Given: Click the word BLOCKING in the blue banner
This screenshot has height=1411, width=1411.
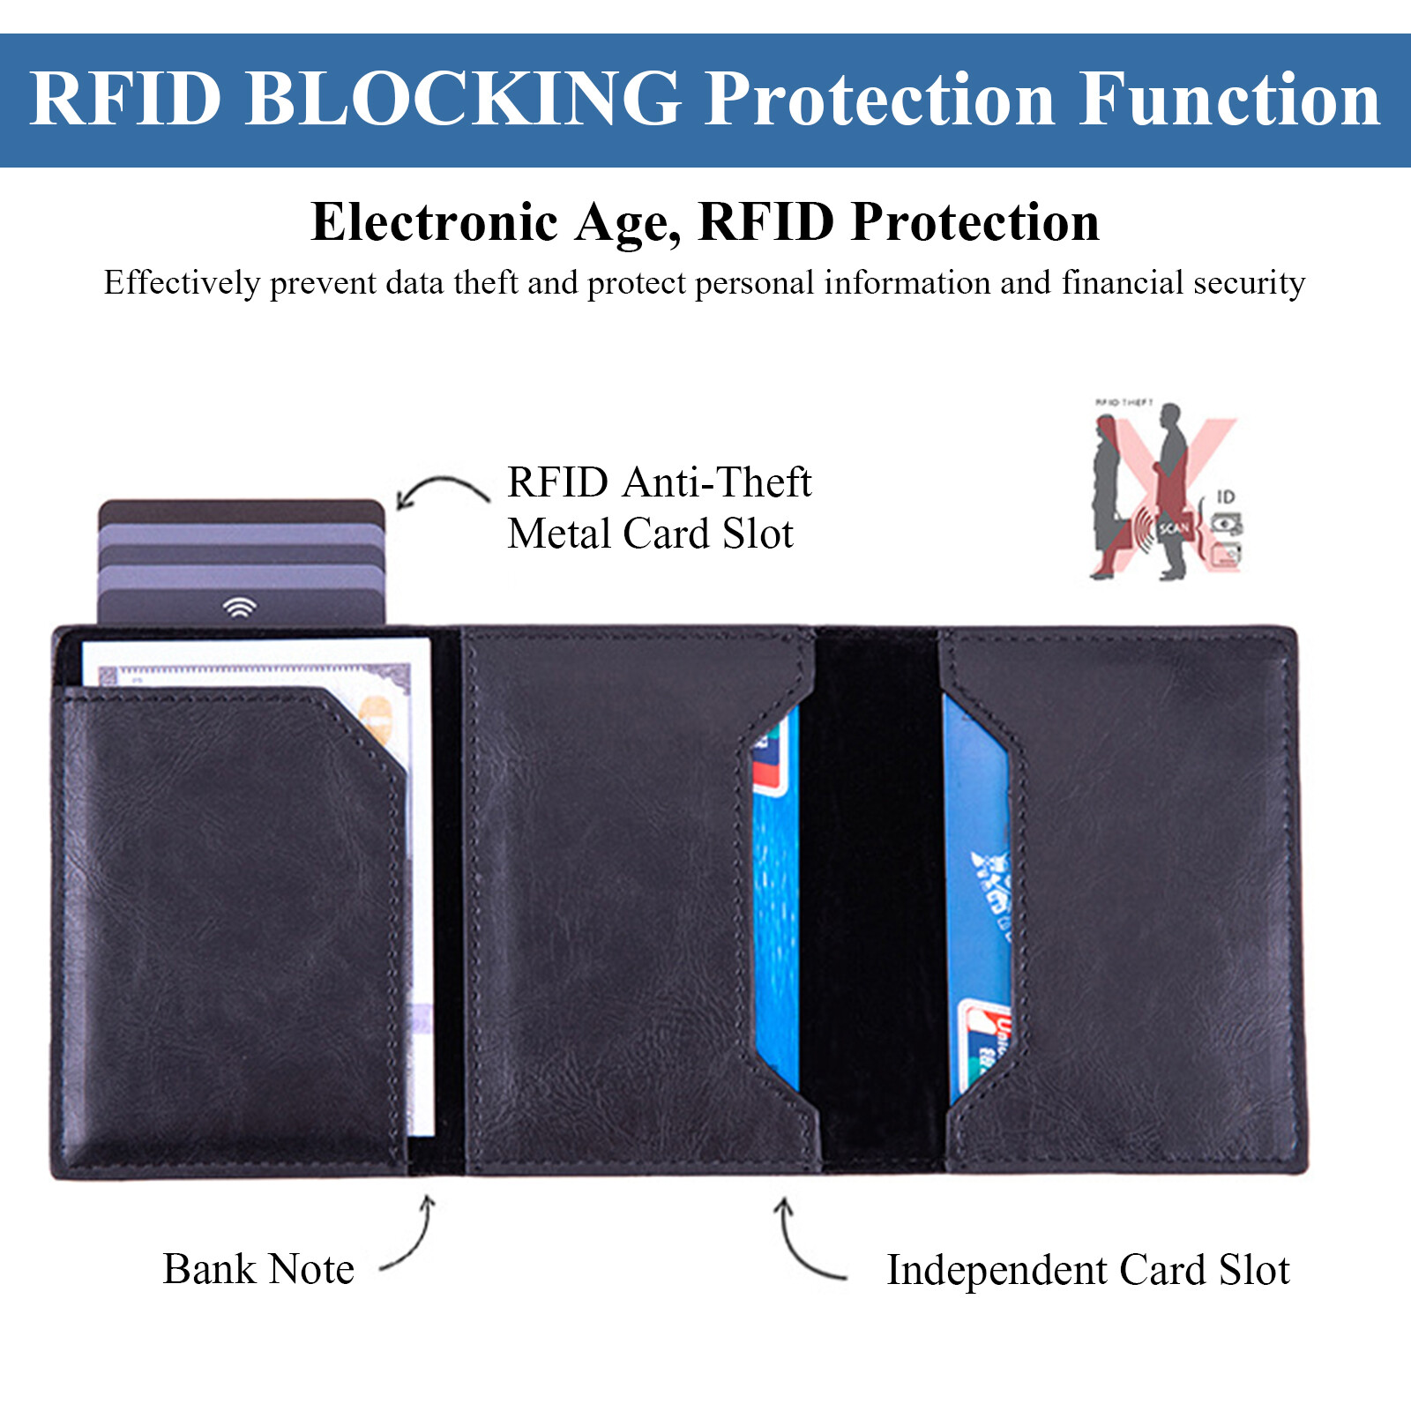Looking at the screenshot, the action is pos(462,99).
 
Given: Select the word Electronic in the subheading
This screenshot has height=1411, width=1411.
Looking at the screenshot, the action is pos(435,221).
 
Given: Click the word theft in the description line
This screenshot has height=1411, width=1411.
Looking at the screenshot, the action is pos(485,283).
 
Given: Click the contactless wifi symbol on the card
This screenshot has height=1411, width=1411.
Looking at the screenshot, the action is pos(239,607).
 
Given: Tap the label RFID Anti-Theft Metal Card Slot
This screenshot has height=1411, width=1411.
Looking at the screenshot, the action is pos(658,508).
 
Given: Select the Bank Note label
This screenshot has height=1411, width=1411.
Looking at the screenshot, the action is pos(258,1270).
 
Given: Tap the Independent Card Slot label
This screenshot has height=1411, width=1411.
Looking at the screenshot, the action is pos(1087,1271).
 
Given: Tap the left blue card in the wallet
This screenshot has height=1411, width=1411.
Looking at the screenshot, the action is pos(776,908).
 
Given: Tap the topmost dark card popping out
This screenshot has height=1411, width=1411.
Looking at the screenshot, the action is pos(241,511).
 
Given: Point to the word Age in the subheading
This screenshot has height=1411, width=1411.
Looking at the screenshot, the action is pos(627,221).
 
